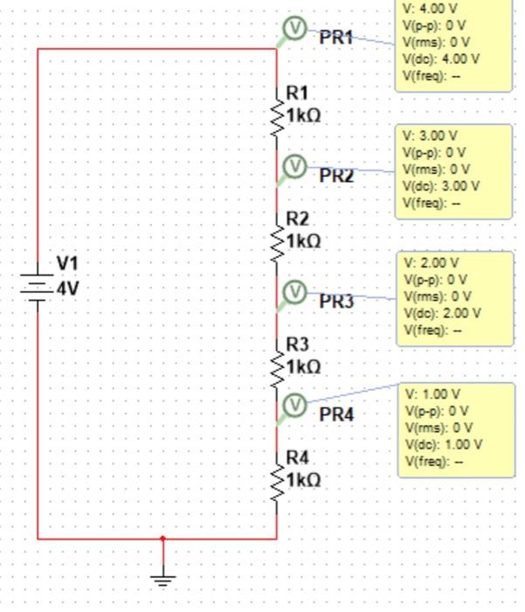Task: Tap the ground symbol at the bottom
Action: (x=162, y=577)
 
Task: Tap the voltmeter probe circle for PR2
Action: (x=295, y=164)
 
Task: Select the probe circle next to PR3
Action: (x=295, y=291)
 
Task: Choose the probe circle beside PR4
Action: (x=295, y=404)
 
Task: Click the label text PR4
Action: (x=336, y=414)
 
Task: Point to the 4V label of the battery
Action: (x=68, y=289)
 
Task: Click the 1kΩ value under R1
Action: (x=303, y=115)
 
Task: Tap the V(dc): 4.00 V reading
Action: (x=441, y=59)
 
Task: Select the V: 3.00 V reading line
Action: (x=430, y=136)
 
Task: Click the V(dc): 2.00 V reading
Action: (x=441, y=313)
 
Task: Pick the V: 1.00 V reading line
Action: (x=430, y=394)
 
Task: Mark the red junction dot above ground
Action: (x=162, y=539)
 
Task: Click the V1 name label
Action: (x=67, y=263)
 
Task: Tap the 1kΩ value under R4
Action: (x=303, y=480)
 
